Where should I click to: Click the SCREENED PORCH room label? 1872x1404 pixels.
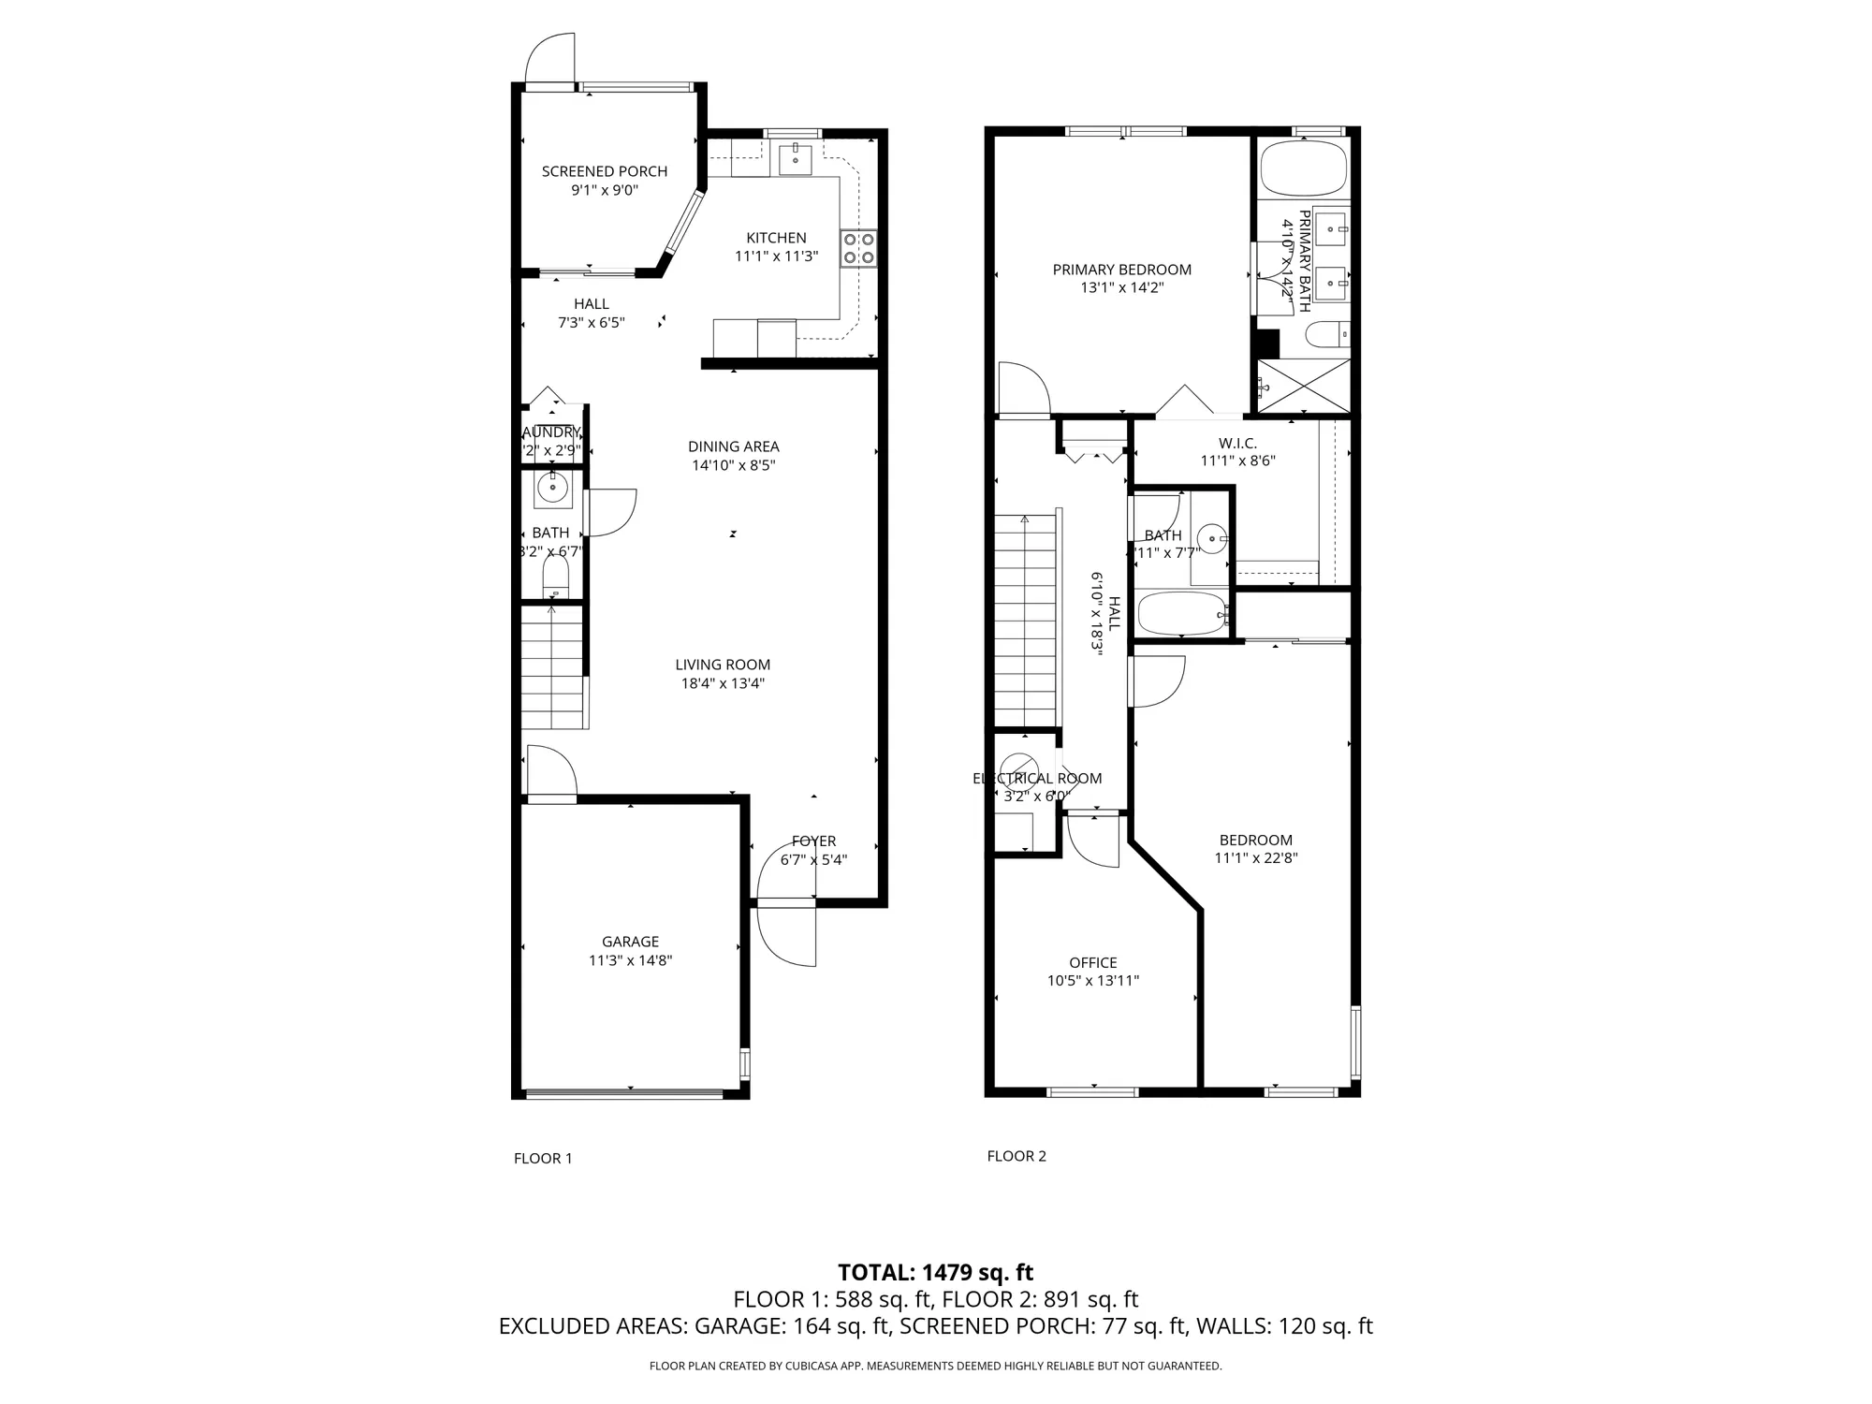(604, 171)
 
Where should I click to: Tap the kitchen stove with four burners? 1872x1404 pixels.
(859, 248)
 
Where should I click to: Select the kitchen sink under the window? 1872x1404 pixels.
(795, 158)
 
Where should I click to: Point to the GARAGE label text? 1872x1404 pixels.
(630, 942)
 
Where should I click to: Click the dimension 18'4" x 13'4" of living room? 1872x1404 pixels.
(723, 683)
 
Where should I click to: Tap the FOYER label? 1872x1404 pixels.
(813, 841)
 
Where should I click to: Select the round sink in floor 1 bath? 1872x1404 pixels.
(553, 488)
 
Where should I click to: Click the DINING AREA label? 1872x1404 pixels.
(733, 446)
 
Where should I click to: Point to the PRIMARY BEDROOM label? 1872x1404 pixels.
(1121, 270)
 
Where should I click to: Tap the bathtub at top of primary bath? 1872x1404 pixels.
(1303, 168)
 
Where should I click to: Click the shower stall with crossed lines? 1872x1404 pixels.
(1303, 385)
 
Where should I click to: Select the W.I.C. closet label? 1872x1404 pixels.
(1237, 443)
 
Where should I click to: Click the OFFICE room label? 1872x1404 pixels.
(1092, 962)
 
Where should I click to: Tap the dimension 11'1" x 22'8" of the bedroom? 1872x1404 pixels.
(1255, 858)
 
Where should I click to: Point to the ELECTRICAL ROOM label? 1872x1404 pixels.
(1036, 778)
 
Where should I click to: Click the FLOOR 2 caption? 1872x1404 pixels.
(1016, 1156)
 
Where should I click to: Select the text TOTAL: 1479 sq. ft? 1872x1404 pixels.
(935, 1272)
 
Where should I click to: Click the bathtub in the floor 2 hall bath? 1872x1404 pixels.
(1181, 614)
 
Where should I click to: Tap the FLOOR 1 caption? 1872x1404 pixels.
(542, 1158)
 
